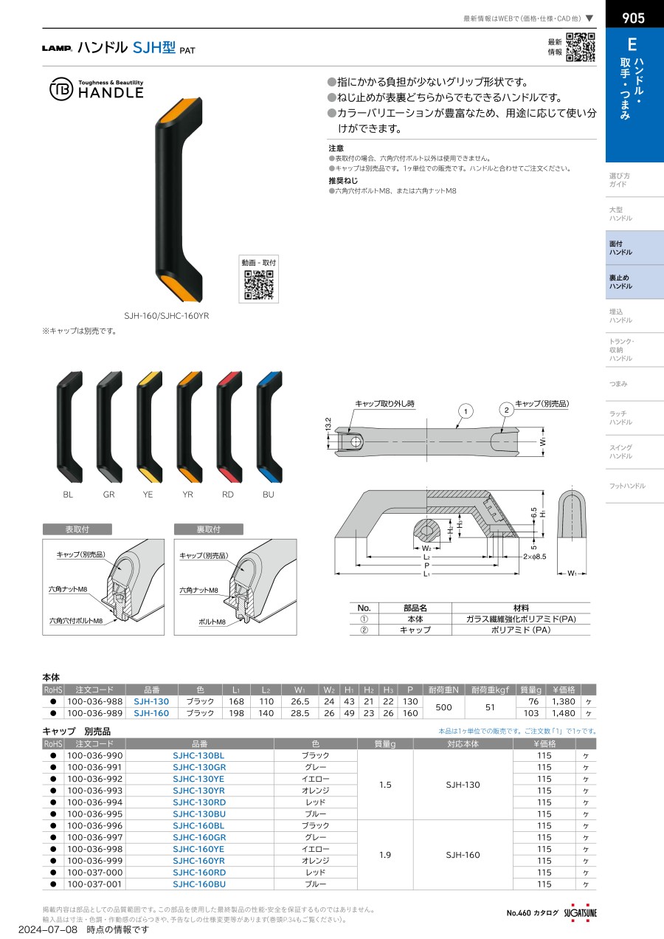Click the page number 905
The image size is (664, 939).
pyautogui.click(x=634, y=18)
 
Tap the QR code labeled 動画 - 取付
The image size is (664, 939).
pyautogui.click(x=259, y=285)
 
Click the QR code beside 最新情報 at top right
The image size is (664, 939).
pyautogui.click(x=580, y=47)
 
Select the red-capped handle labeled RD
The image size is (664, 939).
pyautogui.click(x=229, y=427)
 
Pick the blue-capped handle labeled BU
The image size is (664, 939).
pyautogui.click(x=269, y=427)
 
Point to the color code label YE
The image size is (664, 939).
pyautogui.click(x=148, y=495)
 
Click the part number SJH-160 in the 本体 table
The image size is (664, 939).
pyautogui.click(x=151, y=713)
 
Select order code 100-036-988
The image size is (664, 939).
pyautogui.click(x=94, y=701)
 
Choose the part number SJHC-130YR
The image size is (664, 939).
pyautogui.click(x=199, y=790)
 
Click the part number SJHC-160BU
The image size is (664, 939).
pyautogui.click(x=199, y=884)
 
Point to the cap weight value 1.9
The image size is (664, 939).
pyautogui.click(x=385, y=855)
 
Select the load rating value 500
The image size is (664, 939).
pyautogui.click(x=443, y=707)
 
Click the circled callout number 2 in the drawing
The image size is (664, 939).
pyautogui.click(x=506, y=410)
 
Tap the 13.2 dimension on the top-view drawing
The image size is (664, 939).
pyautogui.click(x=328, y=424)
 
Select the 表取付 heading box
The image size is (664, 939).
pyautogui.click(x=77, y=529)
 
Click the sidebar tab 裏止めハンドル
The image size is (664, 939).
pyautogui.click(x=634, y=282)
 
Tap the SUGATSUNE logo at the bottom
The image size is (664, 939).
pyautogui.click(x=580, y=912)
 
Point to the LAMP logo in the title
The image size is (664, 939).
pyautogui.click(x=57, y=48)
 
